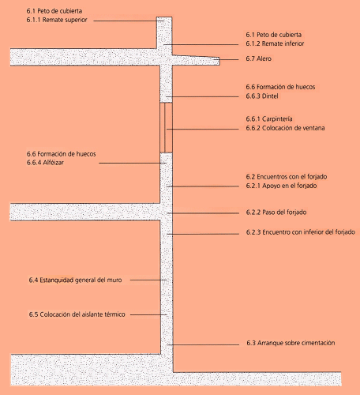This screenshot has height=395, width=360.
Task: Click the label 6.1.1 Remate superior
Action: point(57,20)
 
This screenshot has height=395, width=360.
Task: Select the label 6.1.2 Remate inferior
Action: point(275,43)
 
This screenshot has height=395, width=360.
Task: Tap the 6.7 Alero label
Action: point(258,58)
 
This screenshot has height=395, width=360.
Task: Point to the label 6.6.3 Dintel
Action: point(262,96)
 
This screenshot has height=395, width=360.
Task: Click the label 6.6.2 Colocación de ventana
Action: point(285,128)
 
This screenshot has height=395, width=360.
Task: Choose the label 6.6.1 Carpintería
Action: point(269,119)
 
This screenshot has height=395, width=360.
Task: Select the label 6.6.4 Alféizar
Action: point(45,163)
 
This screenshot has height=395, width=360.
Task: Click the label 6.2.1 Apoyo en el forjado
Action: point(281,186)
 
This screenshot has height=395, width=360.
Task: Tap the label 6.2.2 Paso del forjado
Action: point(276,213)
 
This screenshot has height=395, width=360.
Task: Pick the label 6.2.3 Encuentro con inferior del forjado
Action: point(301,232)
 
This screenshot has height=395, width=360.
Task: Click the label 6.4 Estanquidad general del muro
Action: point(75,280)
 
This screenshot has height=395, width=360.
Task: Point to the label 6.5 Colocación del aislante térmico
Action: point(77,314)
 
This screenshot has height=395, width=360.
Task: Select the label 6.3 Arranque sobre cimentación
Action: point(291,343)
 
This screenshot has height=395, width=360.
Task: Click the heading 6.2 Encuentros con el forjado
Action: point(287,177)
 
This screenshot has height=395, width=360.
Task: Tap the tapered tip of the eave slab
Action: point(219,61)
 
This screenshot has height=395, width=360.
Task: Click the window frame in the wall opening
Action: point(166,128)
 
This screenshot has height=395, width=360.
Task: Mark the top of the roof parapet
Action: point(164,17)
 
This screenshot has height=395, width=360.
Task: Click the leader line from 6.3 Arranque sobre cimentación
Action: point(203,344)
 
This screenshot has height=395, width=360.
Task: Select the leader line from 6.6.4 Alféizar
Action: point(133,163)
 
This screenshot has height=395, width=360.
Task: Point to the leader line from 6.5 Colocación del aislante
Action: point(148,314)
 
